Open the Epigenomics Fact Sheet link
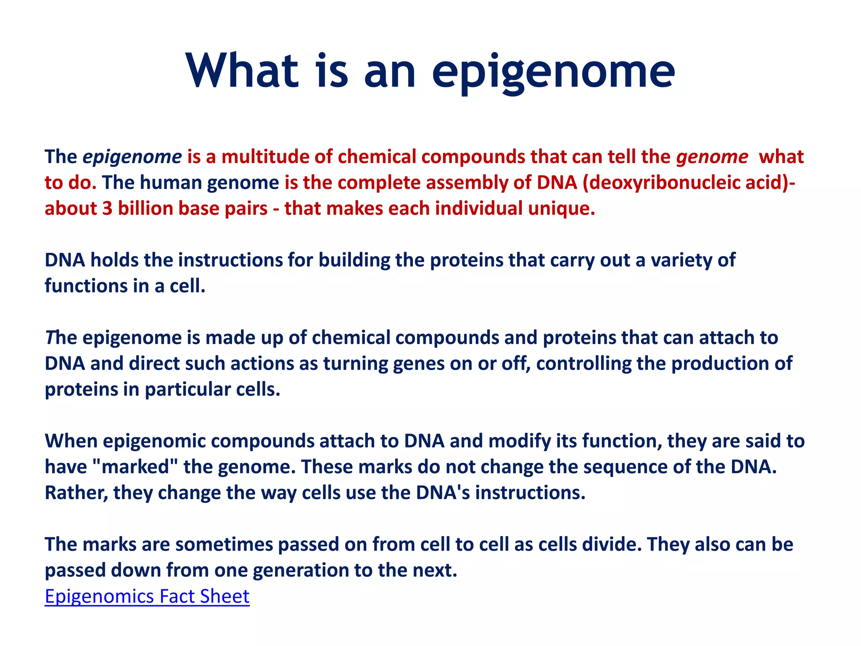click(147, 596)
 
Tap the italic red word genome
click(712, 157)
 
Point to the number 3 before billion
click(107, 209)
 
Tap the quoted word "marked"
click(135, 467)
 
